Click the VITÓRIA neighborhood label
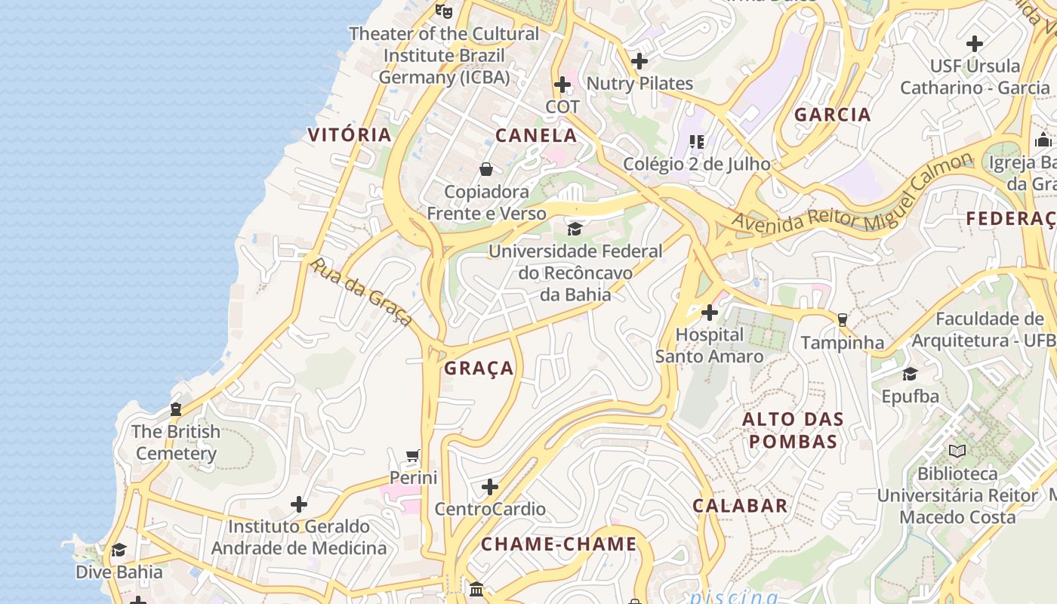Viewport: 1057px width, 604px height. coord(350,135)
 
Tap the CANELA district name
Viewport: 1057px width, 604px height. coord(536,136)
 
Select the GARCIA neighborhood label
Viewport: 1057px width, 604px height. coord(833,115)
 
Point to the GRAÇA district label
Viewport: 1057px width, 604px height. coord(479,368)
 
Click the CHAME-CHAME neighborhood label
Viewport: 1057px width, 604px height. coord(559,544)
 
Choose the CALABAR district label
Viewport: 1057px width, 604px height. coord(740,506)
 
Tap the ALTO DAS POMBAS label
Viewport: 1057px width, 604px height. coord(793,430)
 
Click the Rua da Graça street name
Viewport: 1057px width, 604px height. coord(362,292)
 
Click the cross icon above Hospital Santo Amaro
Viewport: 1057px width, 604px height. coord(709,313)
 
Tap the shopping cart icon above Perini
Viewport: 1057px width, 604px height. coord(412,456)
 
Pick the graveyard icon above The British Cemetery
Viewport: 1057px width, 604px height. coord(176,409)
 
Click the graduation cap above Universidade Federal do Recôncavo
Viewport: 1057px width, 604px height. coord(575,229)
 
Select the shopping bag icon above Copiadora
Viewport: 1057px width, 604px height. coord(486,169)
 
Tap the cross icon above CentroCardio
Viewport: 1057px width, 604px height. coord(490,487)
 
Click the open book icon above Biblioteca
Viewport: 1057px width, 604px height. coord(957,451)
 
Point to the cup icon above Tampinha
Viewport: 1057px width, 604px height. coord(843,320)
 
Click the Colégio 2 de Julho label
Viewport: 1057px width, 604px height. coord(696,164)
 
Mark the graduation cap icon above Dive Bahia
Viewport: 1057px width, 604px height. coord(119,550)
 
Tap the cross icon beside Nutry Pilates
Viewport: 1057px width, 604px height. coord(639,61)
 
